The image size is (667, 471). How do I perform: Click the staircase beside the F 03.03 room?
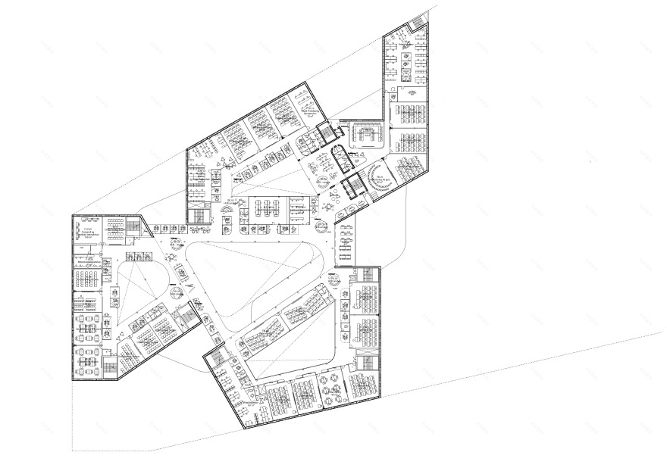[x=135, y=226]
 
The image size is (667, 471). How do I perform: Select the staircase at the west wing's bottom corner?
[x=110, y=369]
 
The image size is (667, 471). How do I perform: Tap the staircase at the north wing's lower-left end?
[x=199, y=214]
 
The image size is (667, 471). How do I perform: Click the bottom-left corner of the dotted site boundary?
[x=74, y=451]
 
